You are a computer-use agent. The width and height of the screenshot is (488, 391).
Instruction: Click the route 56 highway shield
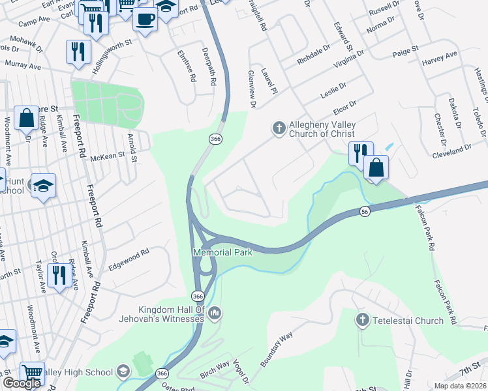[365, 212]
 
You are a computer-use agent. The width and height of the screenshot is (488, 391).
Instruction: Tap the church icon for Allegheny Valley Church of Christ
[279, 128]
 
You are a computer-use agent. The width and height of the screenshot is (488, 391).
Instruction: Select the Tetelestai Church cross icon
[363, 320]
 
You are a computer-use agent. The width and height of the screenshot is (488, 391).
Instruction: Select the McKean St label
[106, 157]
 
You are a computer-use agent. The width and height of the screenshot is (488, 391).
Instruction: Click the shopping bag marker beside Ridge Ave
[26, 119]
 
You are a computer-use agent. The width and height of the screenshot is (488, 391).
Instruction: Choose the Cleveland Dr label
[451, 152]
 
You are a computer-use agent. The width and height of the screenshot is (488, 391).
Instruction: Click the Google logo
[21, 383]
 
